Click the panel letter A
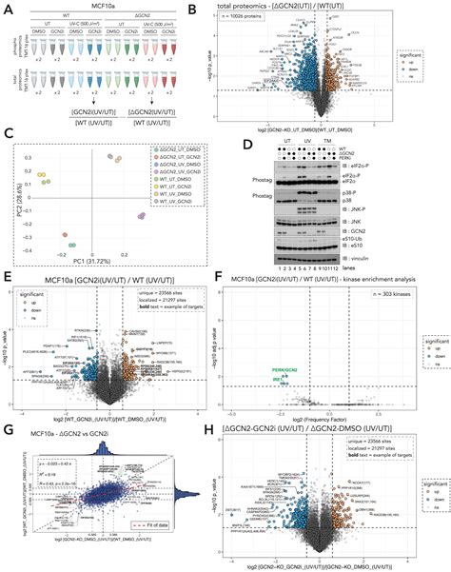pyautogui.click(x=9, y=8)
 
